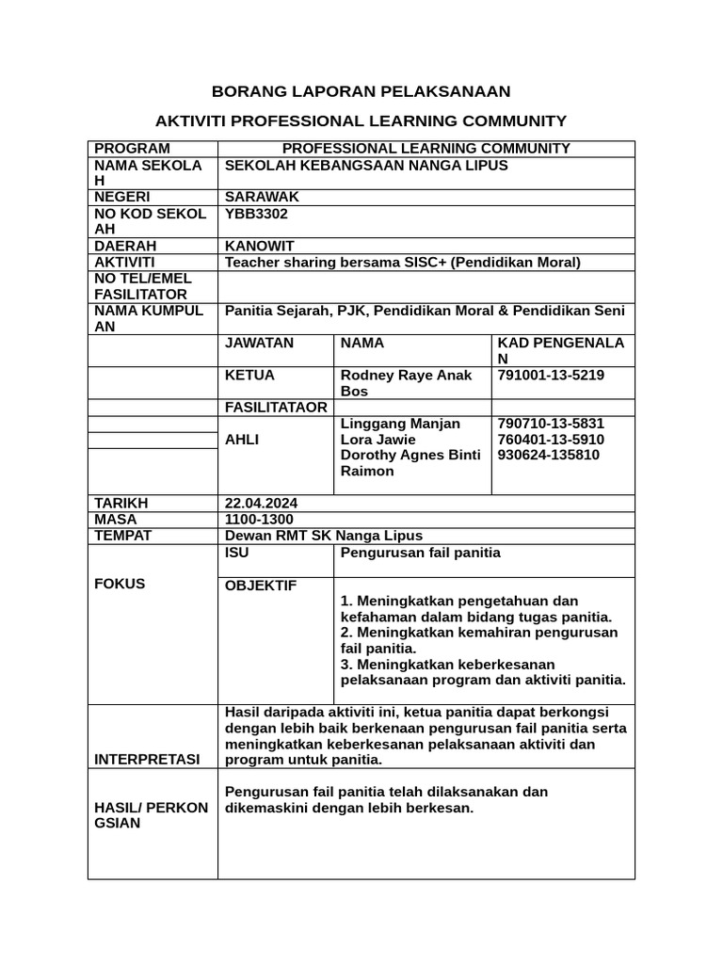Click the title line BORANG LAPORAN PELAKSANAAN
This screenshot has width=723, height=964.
(361, 91)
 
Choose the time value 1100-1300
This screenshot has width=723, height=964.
(259, 520)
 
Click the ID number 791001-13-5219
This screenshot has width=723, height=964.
(551, 376)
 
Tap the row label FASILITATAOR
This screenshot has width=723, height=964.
(276, 408)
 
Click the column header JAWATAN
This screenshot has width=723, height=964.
(260, 344)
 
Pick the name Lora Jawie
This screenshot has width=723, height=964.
(378, 440)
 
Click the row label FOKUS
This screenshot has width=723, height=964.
(120, 584)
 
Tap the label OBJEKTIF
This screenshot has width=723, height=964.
(261, 586)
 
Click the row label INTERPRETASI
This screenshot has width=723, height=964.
(147, 760)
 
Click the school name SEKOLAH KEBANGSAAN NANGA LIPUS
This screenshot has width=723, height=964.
(366, 166)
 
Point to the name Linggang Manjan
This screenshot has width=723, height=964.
(400, 424)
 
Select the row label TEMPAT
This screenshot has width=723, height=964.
(123, 536)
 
